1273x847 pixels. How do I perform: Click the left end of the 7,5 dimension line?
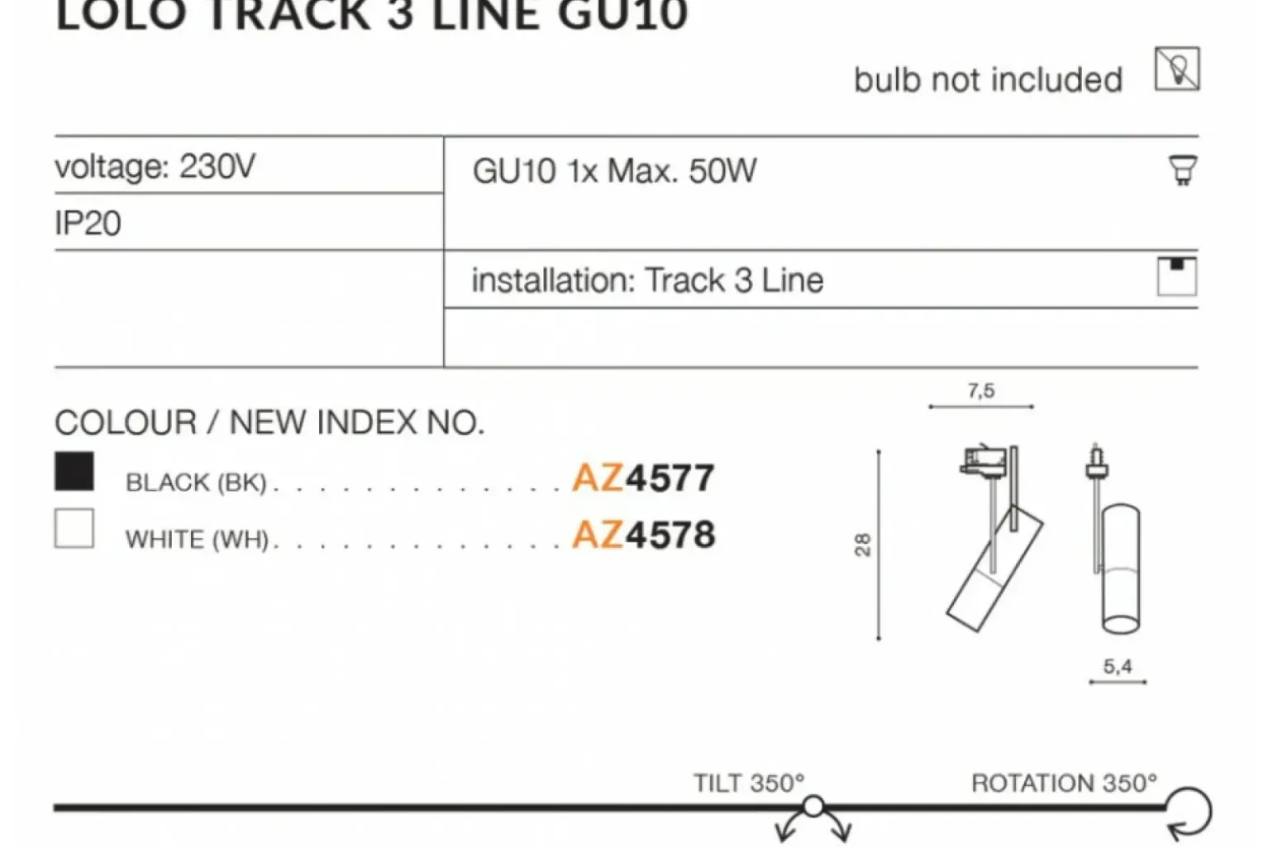click(x=930, y=407)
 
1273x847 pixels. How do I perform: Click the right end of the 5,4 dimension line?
click(x=1146, y=682)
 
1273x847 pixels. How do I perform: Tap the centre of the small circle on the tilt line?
click(x=813, y=807)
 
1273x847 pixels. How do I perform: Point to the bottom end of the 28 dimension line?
click(x=879, y=639)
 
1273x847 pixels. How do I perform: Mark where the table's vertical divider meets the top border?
click(x=444, y=136)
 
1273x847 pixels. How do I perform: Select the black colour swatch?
click(x=74, y=471)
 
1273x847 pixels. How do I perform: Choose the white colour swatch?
click(x=74, y=528)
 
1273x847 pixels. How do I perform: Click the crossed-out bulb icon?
click(x=1177, y=69)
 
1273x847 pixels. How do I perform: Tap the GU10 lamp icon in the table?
click(x=1183, y=170)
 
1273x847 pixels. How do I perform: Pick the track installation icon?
click(x=1177, y=277)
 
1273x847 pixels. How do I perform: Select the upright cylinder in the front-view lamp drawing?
click(x=1121, y=569)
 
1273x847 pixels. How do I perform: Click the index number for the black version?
click(x=643, y=478)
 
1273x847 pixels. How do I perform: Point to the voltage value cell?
click(x=249, y=165)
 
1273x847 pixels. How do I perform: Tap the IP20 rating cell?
click(x=249, y=222)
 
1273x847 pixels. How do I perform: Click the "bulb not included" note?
click(x=989, y=79)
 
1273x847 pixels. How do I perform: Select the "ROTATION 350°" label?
click(x=1064, y=783)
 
